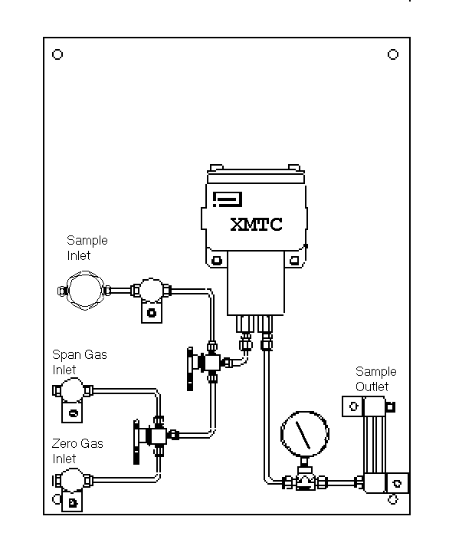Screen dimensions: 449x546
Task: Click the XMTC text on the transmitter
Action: tap(257, 224)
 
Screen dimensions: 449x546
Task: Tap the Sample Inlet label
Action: tap(87, 248)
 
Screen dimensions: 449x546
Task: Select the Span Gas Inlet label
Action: tap(79, 362)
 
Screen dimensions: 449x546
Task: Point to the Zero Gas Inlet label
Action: tap(77, 451)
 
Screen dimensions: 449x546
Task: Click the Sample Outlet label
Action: tap(375, 379)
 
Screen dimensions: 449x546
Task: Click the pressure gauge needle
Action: tap(303, 435)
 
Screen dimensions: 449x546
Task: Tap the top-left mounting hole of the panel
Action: tap(57, 54)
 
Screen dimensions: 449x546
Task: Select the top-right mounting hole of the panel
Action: tap(393, 54)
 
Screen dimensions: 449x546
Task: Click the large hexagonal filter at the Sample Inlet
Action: tap(85, 291)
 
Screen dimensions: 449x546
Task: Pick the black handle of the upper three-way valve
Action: tap(190, 369)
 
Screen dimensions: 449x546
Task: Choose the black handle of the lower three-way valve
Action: tap(136, 442)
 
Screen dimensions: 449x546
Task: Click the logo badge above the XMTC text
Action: tap(228, 199)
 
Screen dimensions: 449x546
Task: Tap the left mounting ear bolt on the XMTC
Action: tap(217, 261)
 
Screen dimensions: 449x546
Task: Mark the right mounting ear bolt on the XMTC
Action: tap(294, 261)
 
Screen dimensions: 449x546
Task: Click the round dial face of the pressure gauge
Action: tap(305, 434)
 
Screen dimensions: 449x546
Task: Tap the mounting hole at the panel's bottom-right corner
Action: tap(392, 500)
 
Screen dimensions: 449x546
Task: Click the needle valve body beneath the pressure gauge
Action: tap(305, 482)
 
